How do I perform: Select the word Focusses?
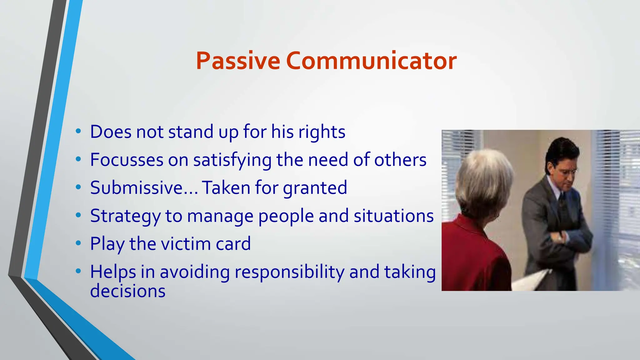(x=127, y=160)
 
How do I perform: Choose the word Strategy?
(x=125, y=216)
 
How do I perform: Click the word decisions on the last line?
(x=127, y=291)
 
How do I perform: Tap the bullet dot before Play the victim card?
(x=78, y=243)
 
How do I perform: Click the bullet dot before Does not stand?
(x=78, y=131)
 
